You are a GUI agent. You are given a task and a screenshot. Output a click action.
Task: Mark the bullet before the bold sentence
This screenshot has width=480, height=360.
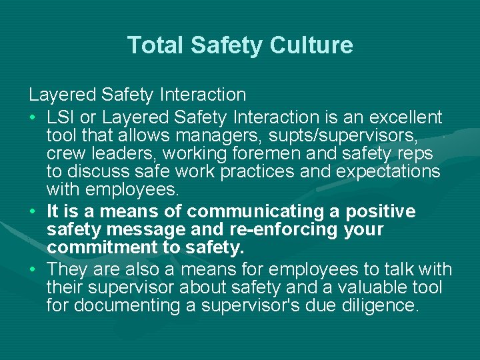(x=33, y=213)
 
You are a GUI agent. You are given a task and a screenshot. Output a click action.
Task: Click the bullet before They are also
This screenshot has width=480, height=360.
(x=33, y=270)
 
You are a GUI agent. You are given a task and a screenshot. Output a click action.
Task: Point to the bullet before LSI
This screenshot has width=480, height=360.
(x=33, y=119)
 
